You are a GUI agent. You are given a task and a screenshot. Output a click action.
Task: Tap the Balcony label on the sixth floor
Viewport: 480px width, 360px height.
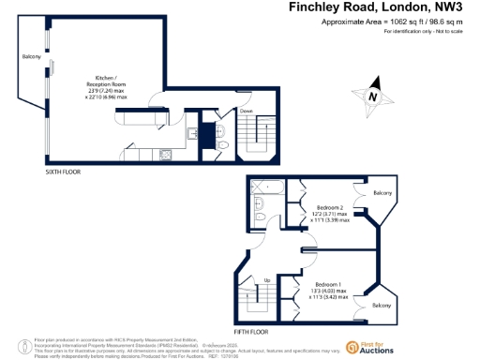[31, 58]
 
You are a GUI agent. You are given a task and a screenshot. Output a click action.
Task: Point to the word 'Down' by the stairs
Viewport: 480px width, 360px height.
[247, 111]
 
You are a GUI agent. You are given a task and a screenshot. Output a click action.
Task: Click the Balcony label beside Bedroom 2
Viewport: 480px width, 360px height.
[382, 193]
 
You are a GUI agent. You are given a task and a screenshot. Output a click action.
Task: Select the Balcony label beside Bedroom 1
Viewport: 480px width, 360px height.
[382, 306]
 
